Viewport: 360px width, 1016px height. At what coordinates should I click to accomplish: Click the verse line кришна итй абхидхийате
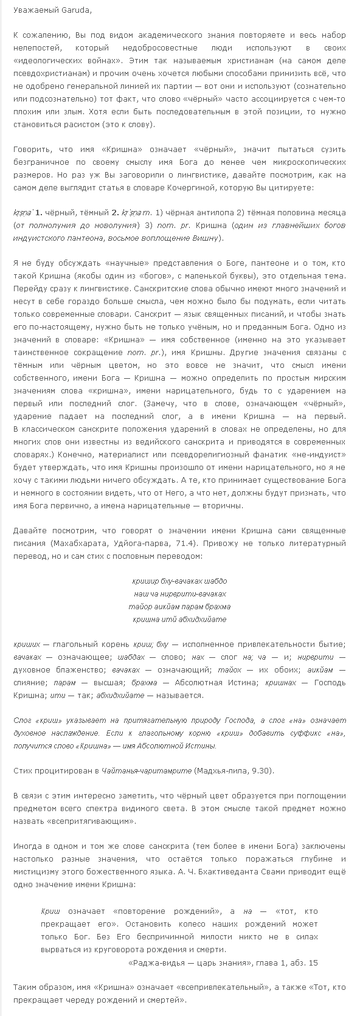179,619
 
